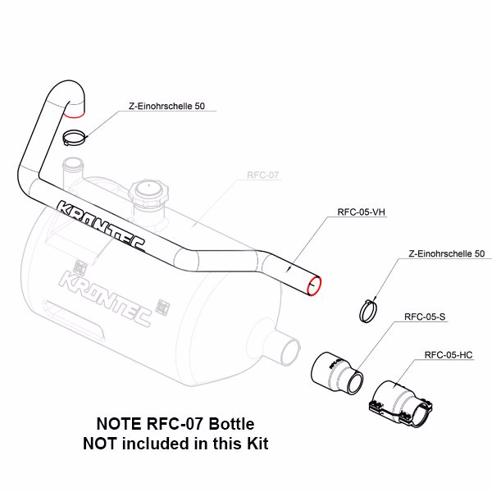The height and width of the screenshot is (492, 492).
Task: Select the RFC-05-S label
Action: (x=420, y=316)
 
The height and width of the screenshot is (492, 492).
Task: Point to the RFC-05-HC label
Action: (x=449, y=355)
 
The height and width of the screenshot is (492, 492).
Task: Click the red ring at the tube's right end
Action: (x=312, y=285)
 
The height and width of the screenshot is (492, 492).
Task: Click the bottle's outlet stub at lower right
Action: (x=285, y=350)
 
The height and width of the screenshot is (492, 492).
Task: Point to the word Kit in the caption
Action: (x=255, y=444)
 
